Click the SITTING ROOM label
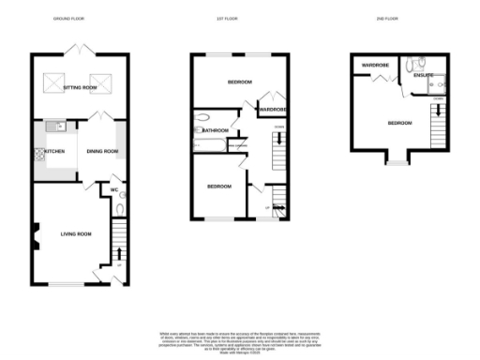pyautogui.click(x=80, y=87)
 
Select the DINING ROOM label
pyautogui.click(x=103, y=151)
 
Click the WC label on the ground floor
pyautogui.click(x=113, y=190)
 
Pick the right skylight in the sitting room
pyautogui.click(x=100, y=80)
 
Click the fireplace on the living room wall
pyautogui.click(x=34, y=235)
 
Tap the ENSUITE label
pyautogui.click(x=424, y=75)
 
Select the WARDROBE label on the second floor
pyautogui.click(x=375, y=66)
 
